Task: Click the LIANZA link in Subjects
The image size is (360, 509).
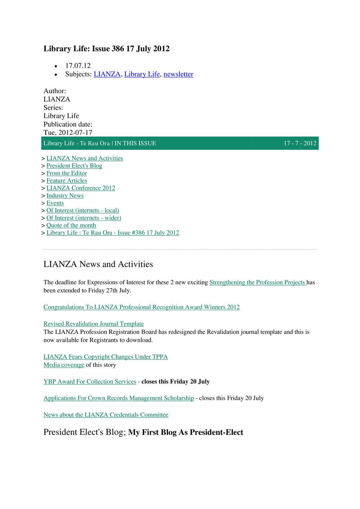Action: click(x=107, y=74)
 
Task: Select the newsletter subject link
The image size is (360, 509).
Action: click(x=178, y=74)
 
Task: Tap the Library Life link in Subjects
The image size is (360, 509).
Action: click(x=142, y=74)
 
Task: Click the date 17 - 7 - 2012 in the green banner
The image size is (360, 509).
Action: click(x=300, y=143)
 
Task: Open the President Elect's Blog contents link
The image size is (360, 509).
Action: click(x=74, y=166)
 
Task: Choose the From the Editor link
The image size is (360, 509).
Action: click(x=67, y=173)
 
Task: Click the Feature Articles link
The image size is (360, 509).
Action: click(x=67, y=181)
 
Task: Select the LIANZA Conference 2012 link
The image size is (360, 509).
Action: click(x=81, y=188)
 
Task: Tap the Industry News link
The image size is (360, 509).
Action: click(x=65, y=196)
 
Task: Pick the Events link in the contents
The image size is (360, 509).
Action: click(x=55, y=203)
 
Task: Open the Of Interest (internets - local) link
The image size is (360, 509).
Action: click(x=83, y=210)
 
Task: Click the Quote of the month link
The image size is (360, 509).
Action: click(x=71, y=226)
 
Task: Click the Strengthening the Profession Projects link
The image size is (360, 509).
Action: click(x=257, y=282)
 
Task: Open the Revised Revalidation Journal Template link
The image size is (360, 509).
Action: click(x=94, y=324)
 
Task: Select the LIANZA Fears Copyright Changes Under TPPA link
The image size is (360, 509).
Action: click(x=106, y=357)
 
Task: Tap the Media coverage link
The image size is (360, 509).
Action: click(x=64, y=365)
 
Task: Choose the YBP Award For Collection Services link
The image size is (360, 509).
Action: click(x=90, y=381)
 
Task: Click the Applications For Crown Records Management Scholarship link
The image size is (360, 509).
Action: click(x=119, y=398)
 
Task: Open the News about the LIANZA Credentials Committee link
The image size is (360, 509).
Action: click(x=106, y=415)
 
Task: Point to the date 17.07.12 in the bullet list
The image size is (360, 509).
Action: click(x=78, y=66)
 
